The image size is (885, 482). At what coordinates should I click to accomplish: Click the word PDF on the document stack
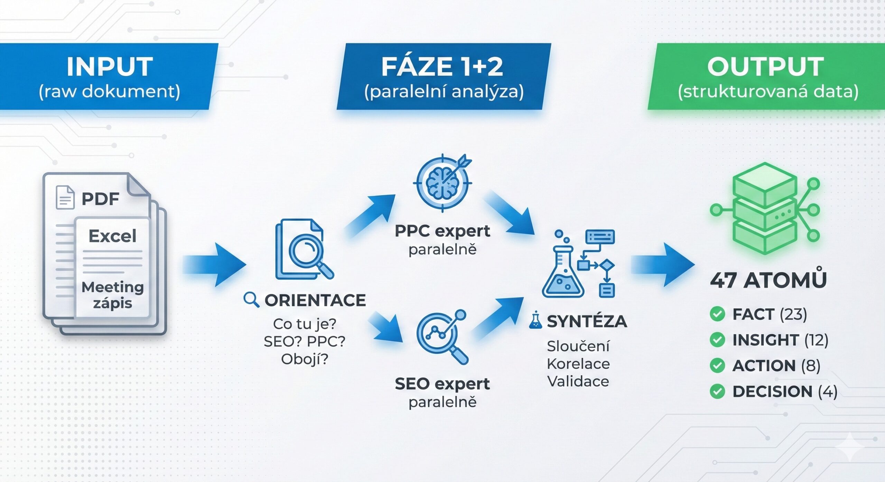coord(100,199)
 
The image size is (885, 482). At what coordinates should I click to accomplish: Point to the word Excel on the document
coord(112,236)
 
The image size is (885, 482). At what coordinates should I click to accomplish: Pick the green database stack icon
coord(765,209)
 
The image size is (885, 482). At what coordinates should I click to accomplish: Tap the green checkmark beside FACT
coord(717,314)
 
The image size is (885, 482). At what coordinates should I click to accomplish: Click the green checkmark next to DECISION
coord(717,392)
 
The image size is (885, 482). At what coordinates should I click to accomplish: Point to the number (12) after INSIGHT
coord(816,340)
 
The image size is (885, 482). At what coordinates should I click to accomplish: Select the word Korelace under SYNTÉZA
coord(578,364)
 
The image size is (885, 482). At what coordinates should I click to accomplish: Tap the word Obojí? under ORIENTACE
coord(305,359)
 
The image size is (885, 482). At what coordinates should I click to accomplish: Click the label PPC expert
coord(442,231)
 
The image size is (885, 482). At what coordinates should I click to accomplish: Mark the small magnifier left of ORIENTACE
coord(251,300)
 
